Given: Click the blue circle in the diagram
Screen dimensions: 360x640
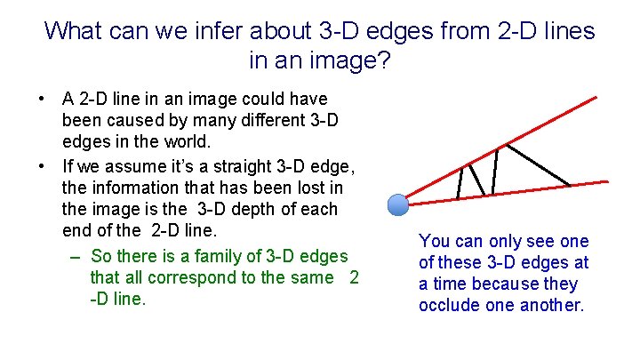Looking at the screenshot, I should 399,205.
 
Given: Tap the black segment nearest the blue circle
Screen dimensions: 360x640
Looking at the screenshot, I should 459,182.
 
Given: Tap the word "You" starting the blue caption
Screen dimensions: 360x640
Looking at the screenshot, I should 434,241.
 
